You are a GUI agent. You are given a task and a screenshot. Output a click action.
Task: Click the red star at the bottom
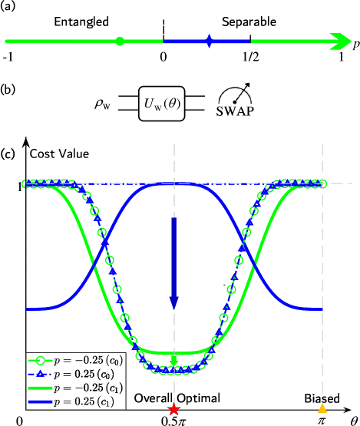coord(174,408)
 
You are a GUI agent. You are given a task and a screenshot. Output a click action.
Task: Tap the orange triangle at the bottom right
coord(322,408)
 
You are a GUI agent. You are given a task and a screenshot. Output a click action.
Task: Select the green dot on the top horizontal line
coord(120,41)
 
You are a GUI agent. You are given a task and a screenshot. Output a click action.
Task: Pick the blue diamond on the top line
coord(209,41)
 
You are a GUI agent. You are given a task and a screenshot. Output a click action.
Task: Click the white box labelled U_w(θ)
coord(162,104)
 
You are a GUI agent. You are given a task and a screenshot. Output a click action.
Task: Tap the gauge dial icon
coord(235,94)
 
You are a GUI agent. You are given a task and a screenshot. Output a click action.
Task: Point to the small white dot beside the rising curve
coord(225,286)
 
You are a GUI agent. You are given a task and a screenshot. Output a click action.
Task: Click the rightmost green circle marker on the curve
coord(322,183)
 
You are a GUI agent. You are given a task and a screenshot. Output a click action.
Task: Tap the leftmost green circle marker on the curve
coord(27,183)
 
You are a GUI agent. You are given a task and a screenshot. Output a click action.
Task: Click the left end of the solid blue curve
coord(28,309)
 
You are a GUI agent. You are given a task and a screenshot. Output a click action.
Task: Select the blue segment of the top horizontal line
coord(184,41)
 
